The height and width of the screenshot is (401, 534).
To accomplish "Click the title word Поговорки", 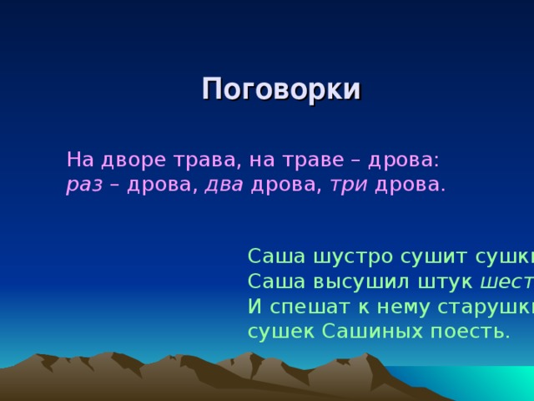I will click(x=281, y=89).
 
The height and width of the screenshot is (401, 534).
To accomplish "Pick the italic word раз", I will click(x=83, y=185).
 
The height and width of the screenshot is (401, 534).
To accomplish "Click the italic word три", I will click(x=350, y=185).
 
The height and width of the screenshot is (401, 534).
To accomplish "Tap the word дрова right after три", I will click(x=410, y=185).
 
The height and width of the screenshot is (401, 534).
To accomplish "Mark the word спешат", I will click(x=306, y=307).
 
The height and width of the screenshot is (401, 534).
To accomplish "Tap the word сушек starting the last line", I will click(x=278, y=332).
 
